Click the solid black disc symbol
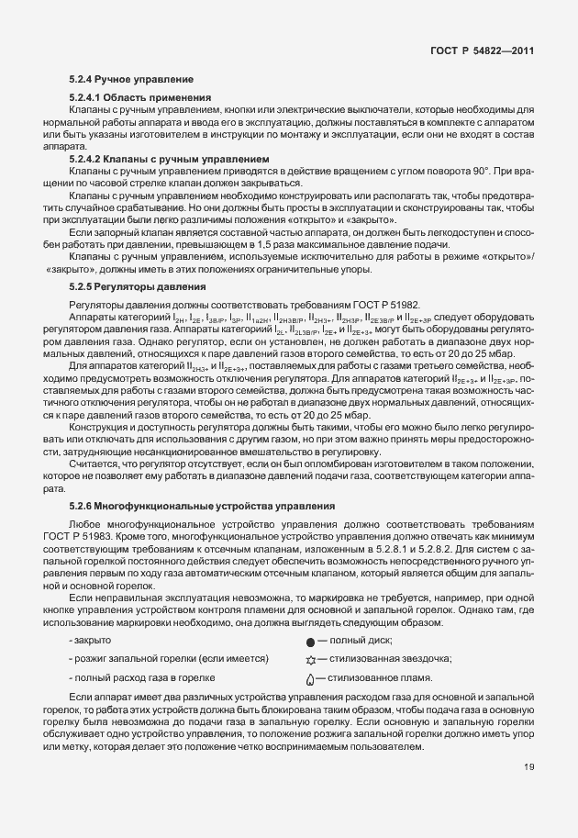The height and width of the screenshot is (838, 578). (310, 641)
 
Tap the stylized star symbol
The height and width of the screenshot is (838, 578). (310, 659)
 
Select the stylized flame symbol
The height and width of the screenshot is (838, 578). (310, 678)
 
